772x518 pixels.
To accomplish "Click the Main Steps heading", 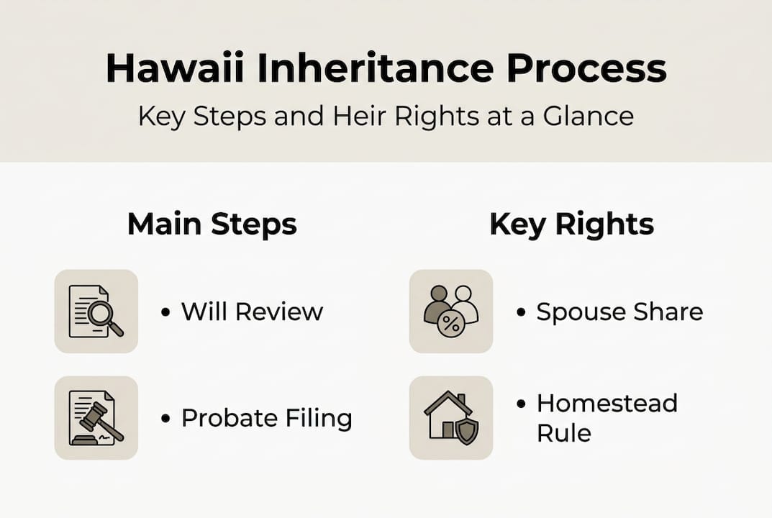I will pos(212,224).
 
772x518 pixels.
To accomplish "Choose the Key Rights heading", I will pos(571,224).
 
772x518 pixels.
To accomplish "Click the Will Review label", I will pos(251,312).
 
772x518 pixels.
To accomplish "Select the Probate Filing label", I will pos(266,418).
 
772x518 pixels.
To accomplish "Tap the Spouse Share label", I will pos(619,312).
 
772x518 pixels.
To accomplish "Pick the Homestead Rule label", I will pos(607,418).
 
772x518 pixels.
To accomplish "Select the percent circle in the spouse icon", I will pos(451,324).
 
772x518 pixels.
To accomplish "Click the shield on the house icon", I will pos(466,430).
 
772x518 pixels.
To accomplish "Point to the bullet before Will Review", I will pos(166,313).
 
